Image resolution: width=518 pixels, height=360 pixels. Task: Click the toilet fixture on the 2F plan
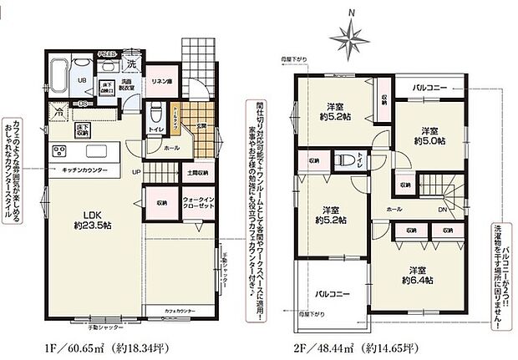[343, 160]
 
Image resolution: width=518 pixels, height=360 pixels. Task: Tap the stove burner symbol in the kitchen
[60, 151]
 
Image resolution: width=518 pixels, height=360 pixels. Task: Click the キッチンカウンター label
[83, 169]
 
